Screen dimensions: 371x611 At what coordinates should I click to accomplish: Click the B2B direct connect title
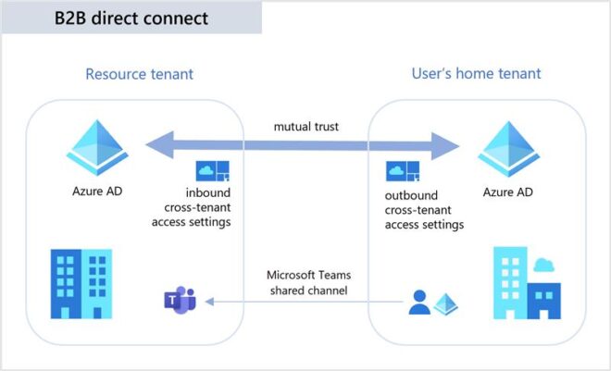132,18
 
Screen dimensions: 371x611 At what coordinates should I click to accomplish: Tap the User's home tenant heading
476,73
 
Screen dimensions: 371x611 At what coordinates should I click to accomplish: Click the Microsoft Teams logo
178,301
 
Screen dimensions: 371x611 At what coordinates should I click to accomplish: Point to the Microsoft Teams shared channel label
305,282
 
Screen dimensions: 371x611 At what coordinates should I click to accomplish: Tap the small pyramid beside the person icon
447,303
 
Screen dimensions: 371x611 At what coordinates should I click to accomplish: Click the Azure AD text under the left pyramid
97,192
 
